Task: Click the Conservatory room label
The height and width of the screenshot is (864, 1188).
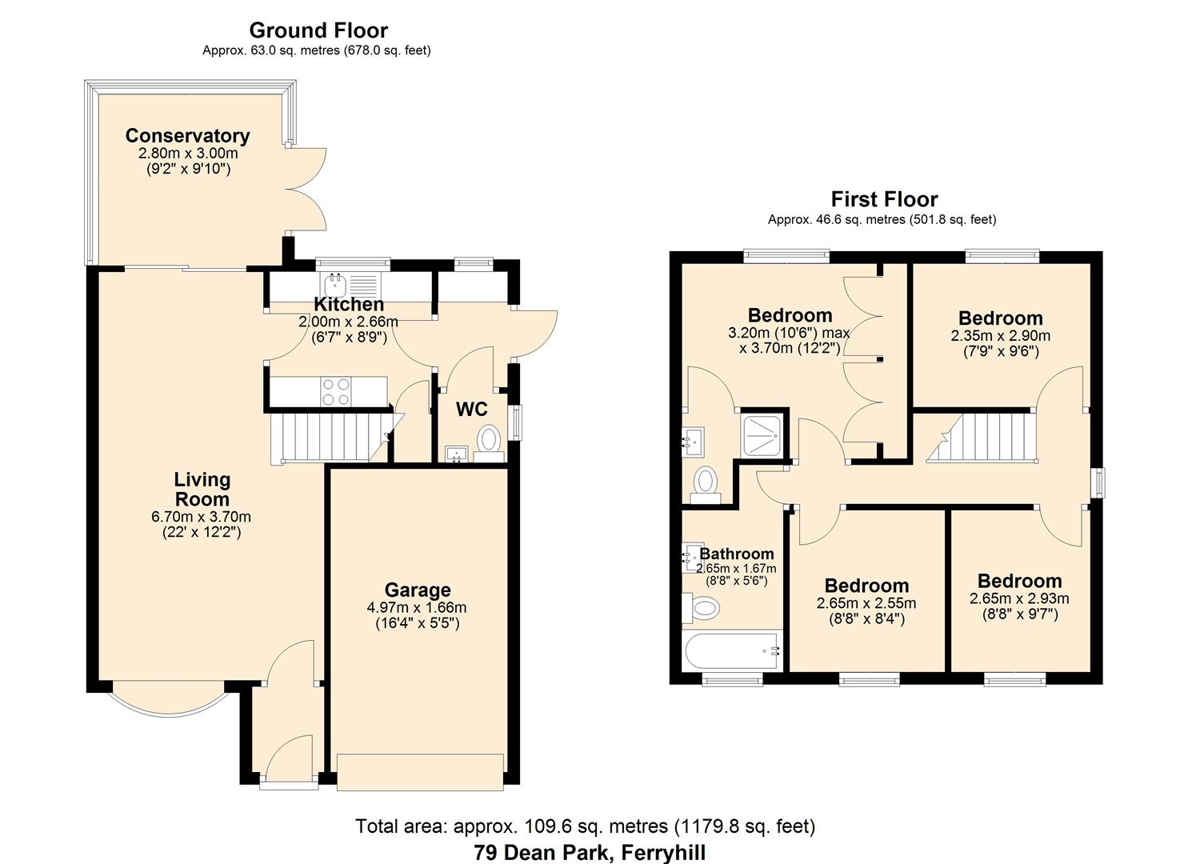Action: pos(187,136)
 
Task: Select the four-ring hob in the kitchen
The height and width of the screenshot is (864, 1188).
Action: pos(335,391)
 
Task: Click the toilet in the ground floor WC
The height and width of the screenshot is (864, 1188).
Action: pos(488,441)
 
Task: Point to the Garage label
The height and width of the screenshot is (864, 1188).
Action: pos(417,590)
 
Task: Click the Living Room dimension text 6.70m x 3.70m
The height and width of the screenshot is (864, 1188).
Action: pos(201,517)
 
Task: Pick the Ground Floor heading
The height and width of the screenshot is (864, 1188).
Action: pos(318,30)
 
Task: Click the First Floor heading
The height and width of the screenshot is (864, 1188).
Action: pos(884,199)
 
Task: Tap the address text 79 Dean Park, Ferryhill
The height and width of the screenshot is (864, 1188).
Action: pos(590,853)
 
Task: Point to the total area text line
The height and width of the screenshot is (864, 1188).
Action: pos(585,826)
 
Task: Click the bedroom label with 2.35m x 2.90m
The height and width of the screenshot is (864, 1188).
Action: pos(1000,318)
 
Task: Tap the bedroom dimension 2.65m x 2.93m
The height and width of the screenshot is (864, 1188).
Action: pos(1018,598)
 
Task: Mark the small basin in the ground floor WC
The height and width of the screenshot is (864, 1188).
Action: pos(458,454)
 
